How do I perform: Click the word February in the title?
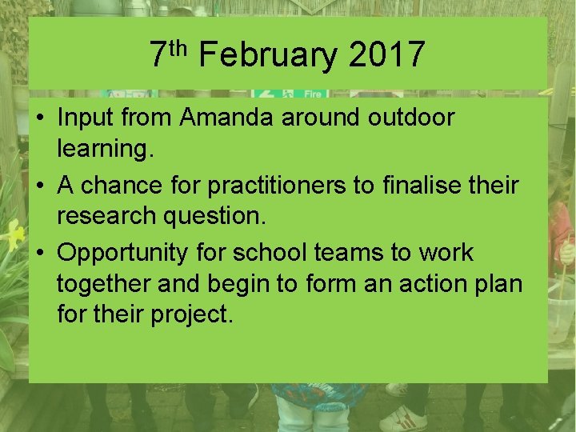(268, 55)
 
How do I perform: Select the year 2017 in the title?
(387, 55)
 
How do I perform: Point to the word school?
(272, 254)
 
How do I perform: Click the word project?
(192, 314)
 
